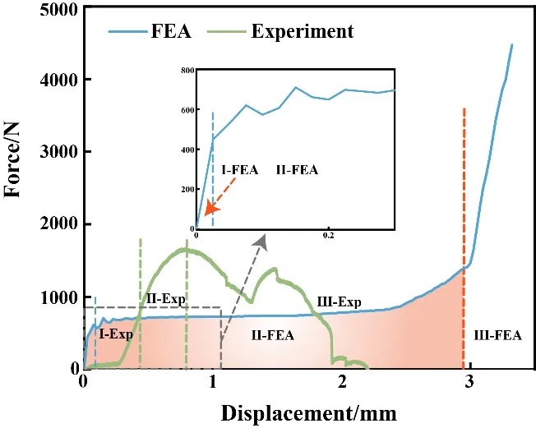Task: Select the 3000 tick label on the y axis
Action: [x=52, y=152]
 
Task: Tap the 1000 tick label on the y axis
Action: [x=52, y=297]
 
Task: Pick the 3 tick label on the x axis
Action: [x=469, y=382]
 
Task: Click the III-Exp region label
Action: [x=339, y=302]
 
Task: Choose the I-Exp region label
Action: [x=116, y=334]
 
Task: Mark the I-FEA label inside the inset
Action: [x=240, y=170]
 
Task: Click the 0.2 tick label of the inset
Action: [x=328, y=236]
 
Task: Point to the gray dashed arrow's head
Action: [x=264, y=237]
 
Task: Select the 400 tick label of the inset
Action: [x=187, y=150]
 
